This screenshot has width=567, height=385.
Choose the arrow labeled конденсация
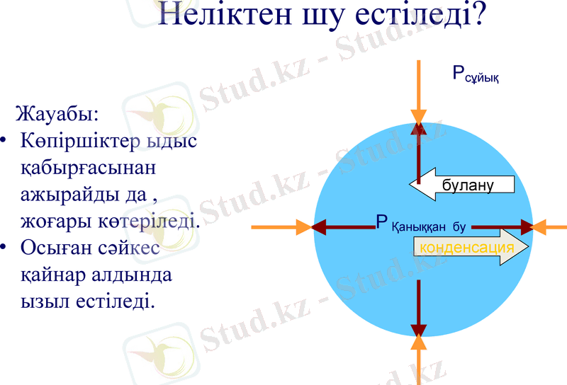coord(471,247)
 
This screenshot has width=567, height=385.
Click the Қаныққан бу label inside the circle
coord(428,227)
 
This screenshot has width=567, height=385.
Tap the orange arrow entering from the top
coord(419,92)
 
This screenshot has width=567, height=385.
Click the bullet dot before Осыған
coord(5,248)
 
